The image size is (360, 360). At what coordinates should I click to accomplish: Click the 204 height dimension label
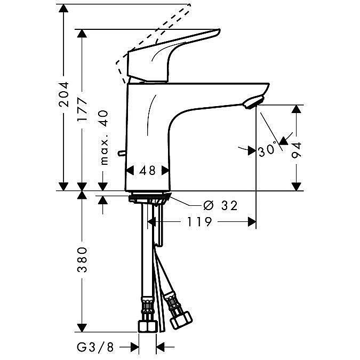(63, 94)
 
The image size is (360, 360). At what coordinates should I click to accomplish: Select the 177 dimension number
(82, 110)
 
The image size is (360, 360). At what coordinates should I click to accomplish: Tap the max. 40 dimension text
(104, 138)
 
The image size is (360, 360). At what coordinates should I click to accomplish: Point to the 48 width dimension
(147, 171)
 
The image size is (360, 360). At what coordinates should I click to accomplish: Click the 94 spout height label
(296, 150)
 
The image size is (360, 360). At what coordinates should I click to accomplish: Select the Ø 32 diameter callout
(220, 205)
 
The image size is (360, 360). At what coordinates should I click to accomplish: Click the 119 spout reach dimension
(199, 222)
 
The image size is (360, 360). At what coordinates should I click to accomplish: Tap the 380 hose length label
(82, 260)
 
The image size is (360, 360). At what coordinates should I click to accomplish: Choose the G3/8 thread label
(95, 348)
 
